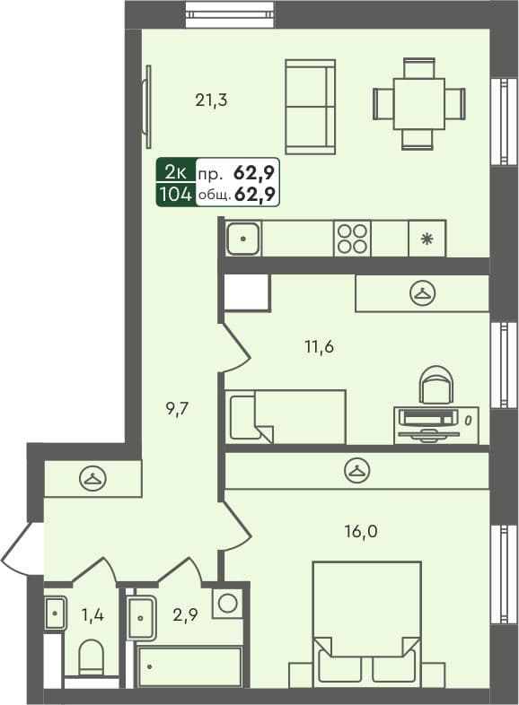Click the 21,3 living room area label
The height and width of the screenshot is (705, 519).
(x=211, y=100)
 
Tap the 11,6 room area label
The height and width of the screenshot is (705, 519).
(x=319, y=346)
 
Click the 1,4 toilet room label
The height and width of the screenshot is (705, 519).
(x=92, y=614)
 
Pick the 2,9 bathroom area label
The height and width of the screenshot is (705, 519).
(x=186, y=614)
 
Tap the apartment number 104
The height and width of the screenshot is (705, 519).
(x=175, y=194)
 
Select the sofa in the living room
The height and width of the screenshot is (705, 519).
(x=310, y=107)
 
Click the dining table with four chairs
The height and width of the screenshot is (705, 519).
(x=418, y=103)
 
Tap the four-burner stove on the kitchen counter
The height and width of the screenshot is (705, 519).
(x=352, y=239)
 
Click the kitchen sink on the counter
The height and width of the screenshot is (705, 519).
(x=243, y=239)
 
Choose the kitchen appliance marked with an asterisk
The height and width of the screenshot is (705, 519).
(x=427, y=239)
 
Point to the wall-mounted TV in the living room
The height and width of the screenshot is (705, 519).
(x=145, y=107)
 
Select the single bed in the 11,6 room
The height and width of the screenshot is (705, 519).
(x=286, y=416)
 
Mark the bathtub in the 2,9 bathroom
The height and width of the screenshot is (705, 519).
(x=189, y=666)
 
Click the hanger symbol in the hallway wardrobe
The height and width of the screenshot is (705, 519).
(x=92, y=479)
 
